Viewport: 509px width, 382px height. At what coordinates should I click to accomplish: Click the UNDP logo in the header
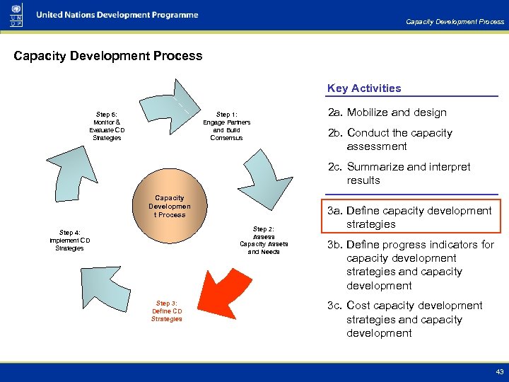(x=16, y=15)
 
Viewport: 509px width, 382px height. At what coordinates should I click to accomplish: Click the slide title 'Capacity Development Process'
(x=107, y=56)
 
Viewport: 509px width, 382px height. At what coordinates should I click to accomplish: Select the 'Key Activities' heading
(x=364, y=88)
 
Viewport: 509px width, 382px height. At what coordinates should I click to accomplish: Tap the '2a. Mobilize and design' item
(x=386, y=112)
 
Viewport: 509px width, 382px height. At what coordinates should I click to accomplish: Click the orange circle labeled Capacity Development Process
(x=170, y=207)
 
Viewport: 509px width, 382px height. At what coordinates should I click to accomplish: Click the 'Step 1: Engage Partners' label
(x=227, y=126)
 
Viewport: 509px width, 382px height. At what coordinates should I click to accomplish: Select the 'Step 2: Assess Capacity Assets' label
(x=264, y=241)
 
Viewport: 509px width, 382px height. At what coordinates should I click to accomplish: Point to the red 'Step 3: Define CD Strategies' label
(x=167, y=311)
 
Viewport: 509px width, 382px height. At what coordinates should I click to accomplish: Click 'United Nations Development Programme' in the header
(x=117, y=16)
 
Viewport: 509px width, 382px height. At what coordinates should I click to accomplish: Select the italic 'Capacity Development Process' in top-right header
(x=455, y=22)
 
